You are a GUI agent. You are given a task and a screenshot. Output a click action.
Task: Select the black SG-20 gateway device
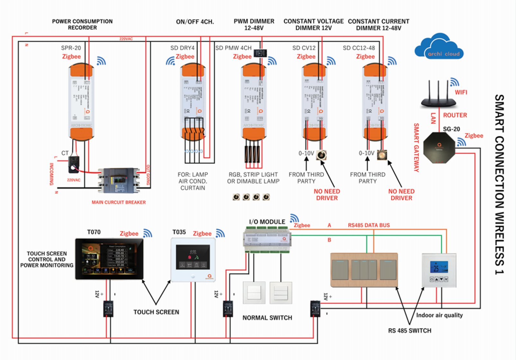pyautogui.click(x=439, y=148)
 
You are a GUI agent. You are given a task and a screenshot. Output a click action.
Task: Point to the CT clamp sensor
pyautogui.click(x=74, y=164)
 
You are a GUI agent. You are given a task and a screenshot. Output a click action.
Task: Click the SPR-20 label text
pyautogui.click(x=71, y=48)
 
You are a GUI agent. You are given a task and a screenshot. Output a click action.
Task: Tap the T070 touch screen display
pyautogui.click(x=109, y=259)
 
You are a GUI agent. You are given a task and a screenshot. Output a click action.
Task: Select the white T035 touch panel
pyautogui.click(x=193, y=259)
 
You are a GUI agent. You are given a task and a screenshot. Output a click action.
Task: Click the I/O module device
pyautogui.click(x=267, y=239)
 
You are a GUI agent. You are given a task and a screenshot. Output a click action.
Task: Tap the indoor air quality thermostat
pyautogui.click(x=439, y=270)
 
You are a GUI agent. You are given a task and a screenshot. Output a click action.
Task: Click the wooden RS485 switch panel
pyautogui.click(x=364, y=270)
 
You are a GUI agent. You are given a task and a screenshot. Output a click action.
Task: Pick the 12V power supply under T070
pyautogui.click(x=108, y=309)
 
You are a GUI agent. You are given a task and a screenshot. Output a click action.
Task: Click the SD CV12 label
pyautogui.click(x=304, y=48)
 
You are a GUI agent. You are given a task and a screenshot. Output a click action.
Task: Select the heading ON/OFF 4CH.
pyautogui.click(x=195, y=22)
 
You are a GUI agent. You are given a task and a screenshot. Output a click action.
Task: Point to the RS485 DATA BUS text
pyautogui.click(x=369, y=225)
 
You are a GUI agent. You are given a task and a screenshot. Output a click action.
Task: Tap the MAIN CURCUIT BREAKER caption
pyautogui.click(x=119, y=202)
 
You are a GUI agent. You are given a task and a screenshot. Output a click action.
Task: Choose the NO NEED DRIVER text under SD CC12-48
pyautogui.click(x=401, y=195)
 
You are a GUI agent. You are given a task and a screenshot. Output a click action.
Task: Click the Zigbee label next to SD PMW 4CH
pyautogui.click(x=242, y=57)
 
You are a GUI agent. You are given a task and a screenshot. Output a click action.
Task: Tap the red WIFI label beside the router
pyautogui.click(x=461, y=92)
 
